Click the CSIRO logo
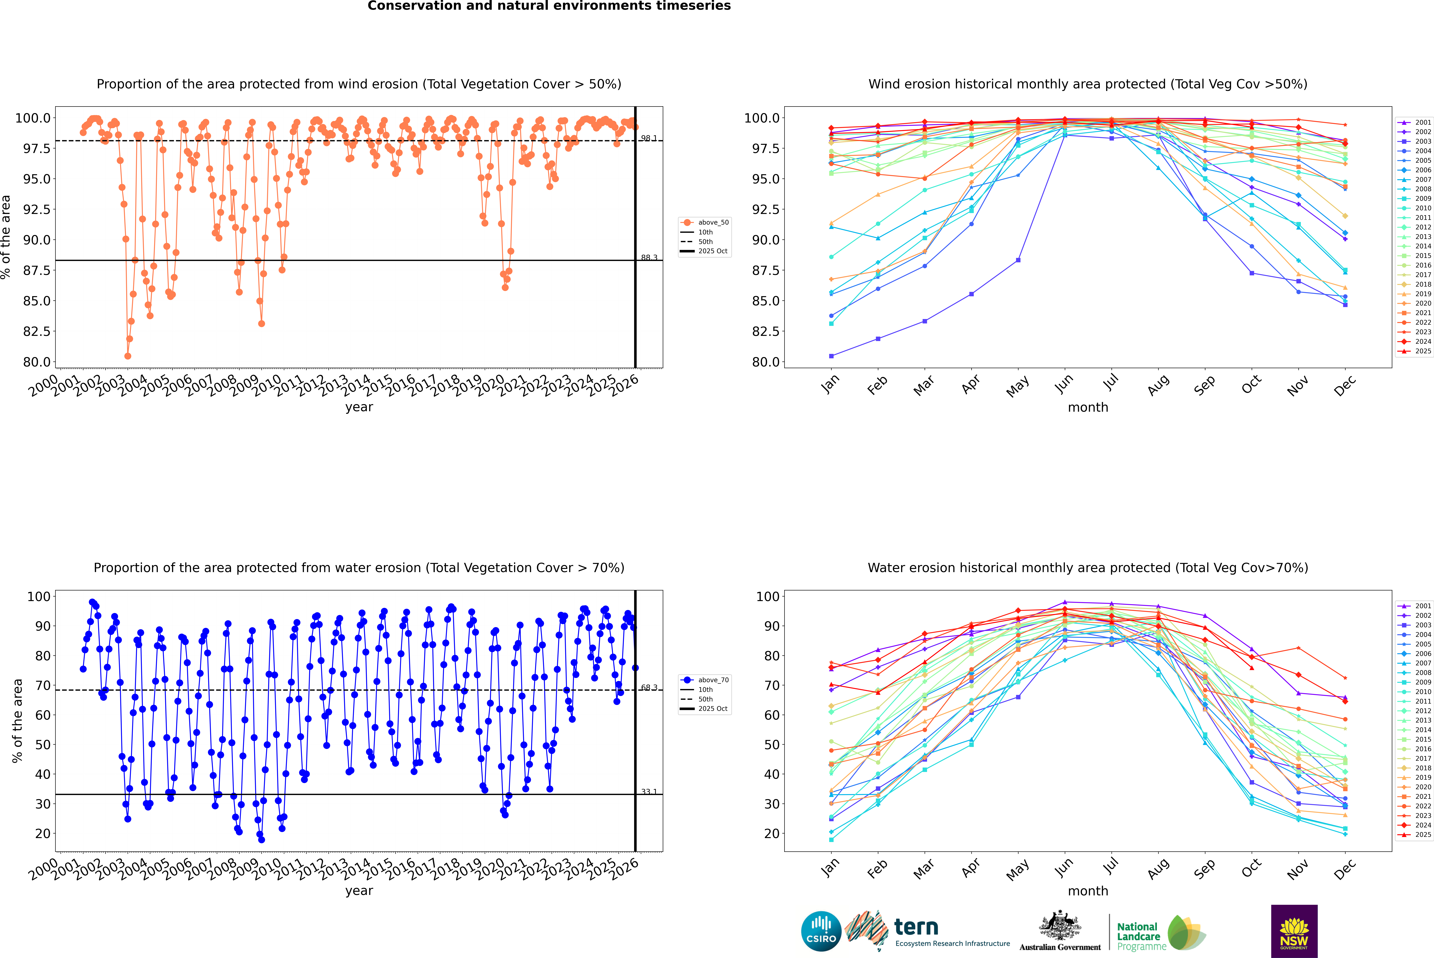pos(821,931)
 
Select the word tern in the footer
pos(916,927)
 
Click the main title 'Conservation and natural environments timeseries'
pos(549,6)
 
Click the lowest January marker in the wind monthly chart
pos(831,356)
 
